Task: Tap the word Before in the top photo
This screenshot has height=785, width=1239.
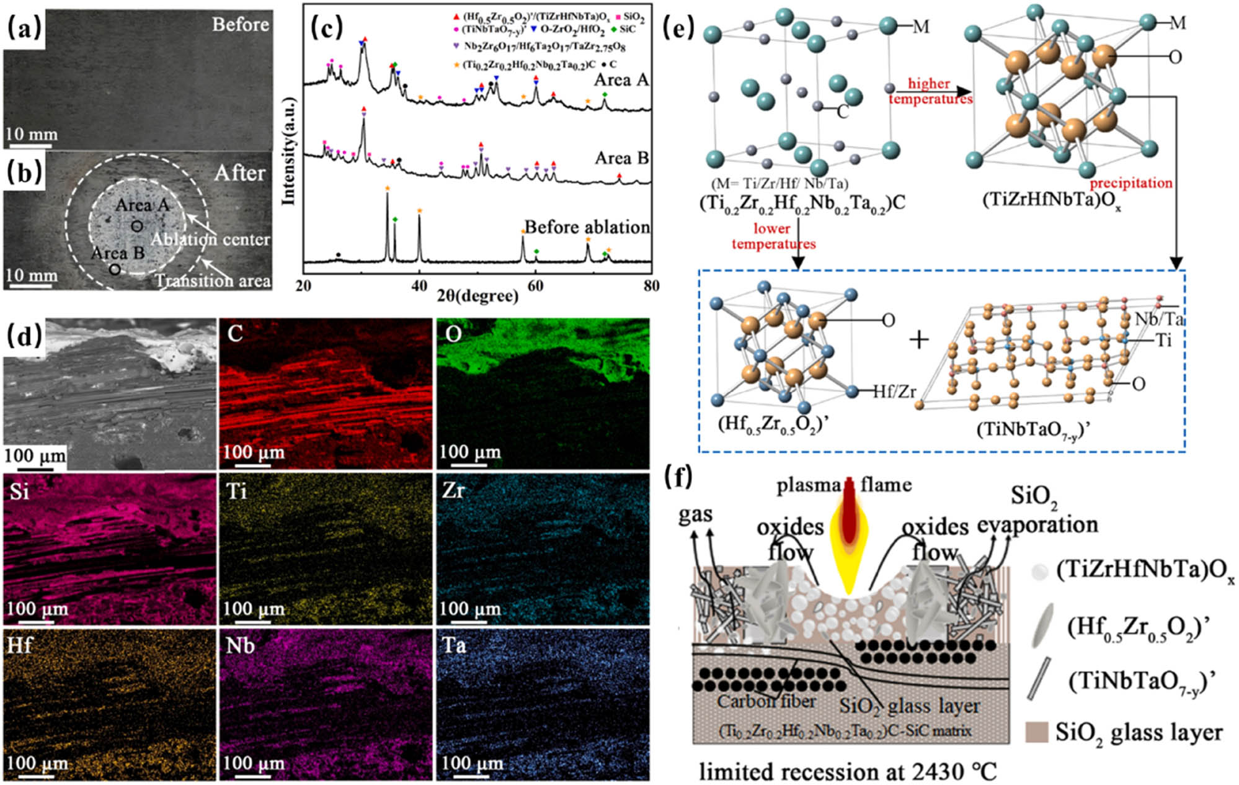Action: pos(241,24)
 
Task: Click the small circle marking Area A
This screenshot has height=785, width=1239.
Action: pos(137,227)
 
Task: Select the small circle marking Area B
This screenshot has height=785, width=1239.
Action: pos(115,270)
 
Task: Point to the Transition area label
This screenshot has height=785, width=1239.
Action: pos(213,281)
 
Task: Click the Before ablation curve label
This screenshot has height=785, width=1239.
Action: pos(587,227)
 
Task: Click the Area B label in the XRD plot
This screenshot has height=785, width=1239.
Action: pos(621,158)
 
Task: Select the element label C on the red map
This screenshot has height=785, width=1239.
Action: pos(235,334)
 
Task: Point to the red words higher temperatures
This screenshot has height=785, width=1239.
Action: pos(930,91)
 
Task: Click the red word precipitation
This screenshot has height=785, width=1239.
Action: pos(1130,183)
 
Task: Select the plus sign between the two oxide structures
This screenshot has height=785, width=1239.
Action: pos(918,340)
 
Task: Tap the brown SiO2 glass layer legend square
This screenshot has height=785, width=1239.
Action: pos(1037,732)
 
